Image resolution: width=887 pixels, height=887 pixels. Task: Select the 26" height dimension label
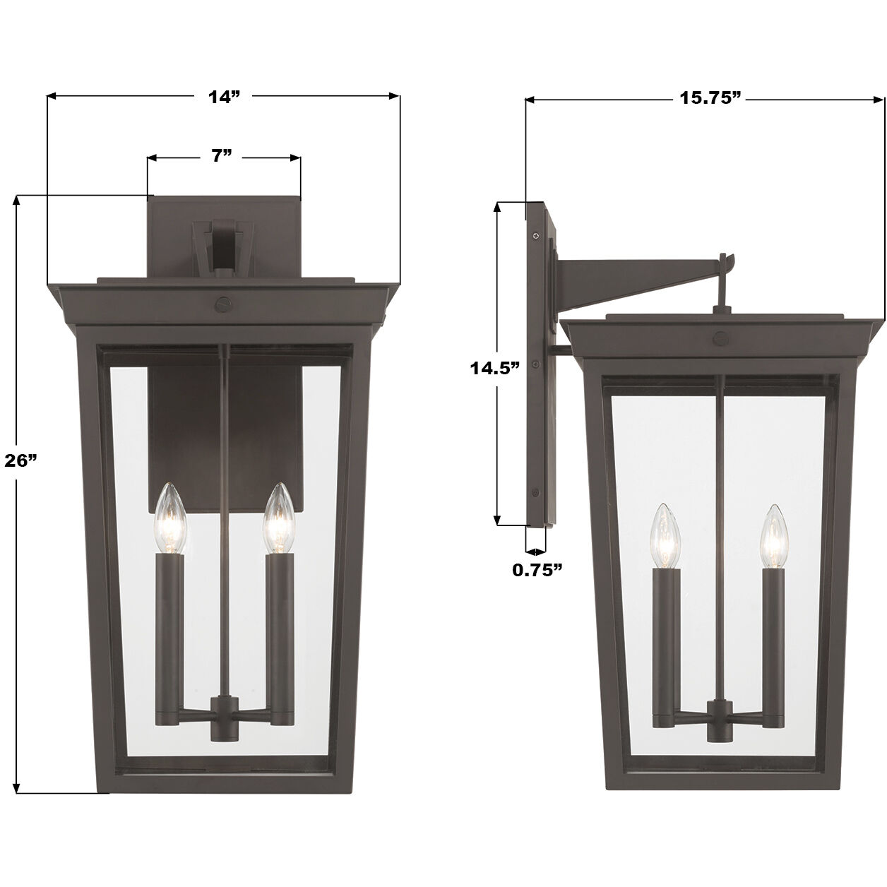pos(20,460)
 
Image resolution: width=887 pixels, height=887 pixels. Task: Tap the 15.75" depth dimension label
pos(710,98)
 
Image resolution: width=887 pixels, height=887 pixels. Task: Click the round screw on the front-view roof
pos(224,303)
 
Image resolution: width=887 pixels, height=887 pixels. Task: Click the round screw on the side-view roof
pos(721,338)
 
